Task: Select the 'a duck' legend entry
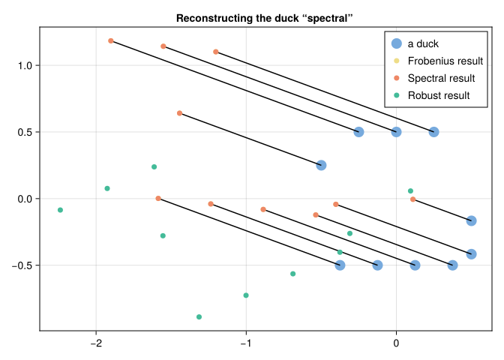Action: point(423,43)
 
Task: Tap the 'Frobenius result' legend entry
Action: point(445,61)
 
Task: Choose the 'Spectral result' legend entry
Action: point(441,78)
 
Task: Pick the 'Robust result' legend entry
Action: point(438,95)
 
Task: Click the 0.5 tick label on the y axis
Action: point(24,132)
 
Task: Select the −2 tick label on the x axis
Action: point(95,344)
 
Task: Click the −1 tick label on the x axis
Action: point(245,344)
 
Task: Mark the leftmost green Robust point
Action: point(60,210)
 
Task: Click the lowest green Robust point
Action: point(199,317)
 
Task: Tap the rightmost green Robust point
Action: point(410,191)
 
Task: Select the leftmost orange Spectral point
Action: point(111,40)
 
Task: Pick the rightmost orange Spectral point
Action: point(413,199)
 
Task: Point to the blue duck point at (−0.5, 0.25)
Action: point(321,165)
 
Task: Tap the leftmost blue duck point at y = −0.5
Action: point(340,265)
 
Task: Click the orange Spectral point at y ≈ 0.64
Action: point(179,113)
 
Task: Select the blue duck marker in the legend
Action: point(396,43)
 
